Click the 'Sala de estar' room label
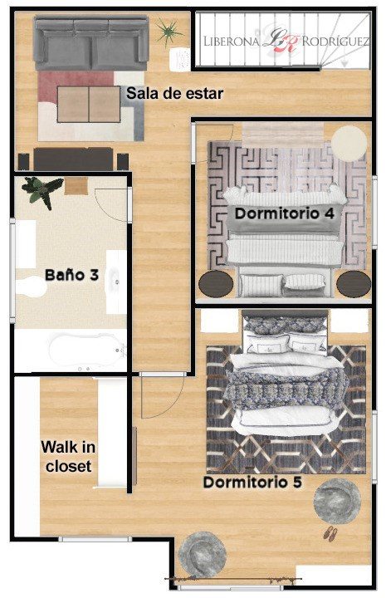[x=174, y=93]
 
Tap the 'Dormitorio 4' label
[x=284, y=213]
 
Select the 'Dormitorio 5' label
[x=252, y=482]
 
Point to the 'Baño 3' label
[x=71, y=275]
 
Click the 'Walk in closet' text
[x=69, y=457]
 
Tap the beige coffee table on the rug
[x=89, y=104]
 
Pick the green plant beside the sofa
[x=168, y=32]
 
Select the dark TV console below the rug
[x=73, y=159]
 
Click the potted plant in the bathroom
[x=42, y=191]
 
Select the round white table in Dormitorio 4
[x=349, y=144]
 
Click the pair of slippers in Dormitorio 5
[x=330, y=533]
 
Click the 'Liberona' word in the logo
[x=232, y=42]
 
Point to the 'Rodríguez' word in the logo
[x=335, y=42]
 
